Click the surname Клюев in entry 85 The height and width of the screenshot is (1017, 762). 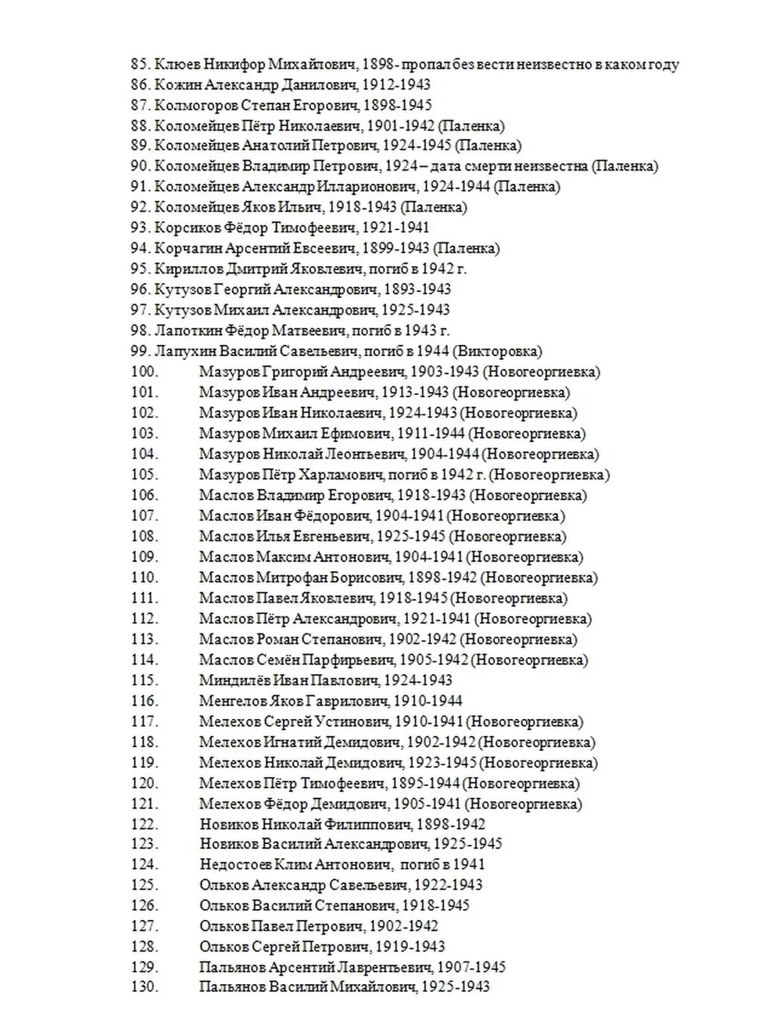(x=174, y=64)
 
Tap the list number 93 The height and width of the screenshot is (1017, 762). (x=140, y=228)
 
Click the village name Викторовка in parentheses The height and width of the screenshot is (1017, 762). (x=497, y=351)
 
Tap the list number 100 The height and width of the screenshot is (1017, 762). (x=145, y=372)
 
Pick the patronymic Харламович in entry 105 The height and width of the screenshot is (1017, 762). (x=331, y=475)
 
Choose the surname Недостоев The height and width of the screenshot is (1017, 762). (x=235, y=864)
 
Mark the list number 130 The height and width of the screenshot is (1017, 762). (x=145, y=987)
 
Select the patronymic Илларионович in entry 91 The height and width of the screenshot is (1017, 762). (x=368, y=187)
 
